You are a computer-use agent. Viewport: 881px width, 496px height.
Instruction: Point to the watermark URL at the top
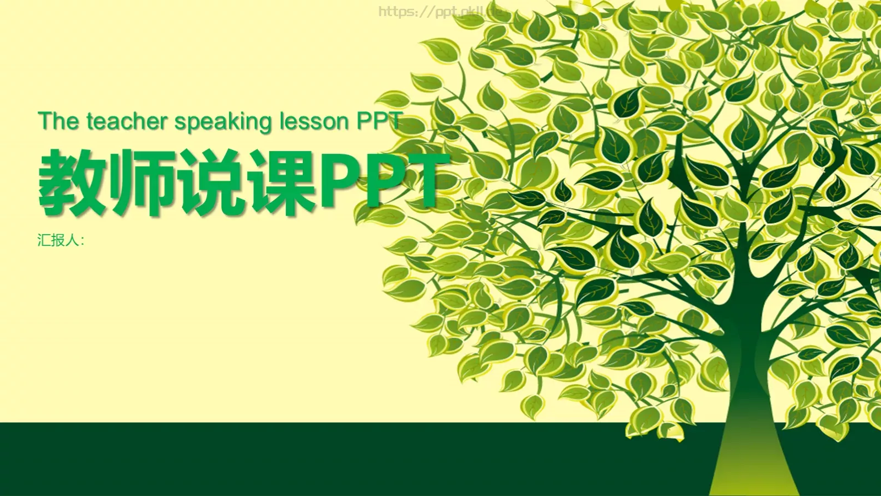[x=440, y=12]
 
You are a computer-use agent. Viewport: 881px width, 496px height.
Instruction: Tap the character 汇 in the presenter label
[x=45, y=240]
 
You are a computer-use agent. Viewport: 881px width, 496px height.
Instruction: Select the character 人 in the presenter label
[x=72, y=240]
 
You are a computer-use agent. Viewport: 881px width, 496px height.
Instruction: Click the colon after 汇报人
[x=82, y=241]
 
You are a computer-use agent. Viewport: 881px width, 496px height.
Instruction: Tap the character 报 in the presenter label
[x=58, y=240]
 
